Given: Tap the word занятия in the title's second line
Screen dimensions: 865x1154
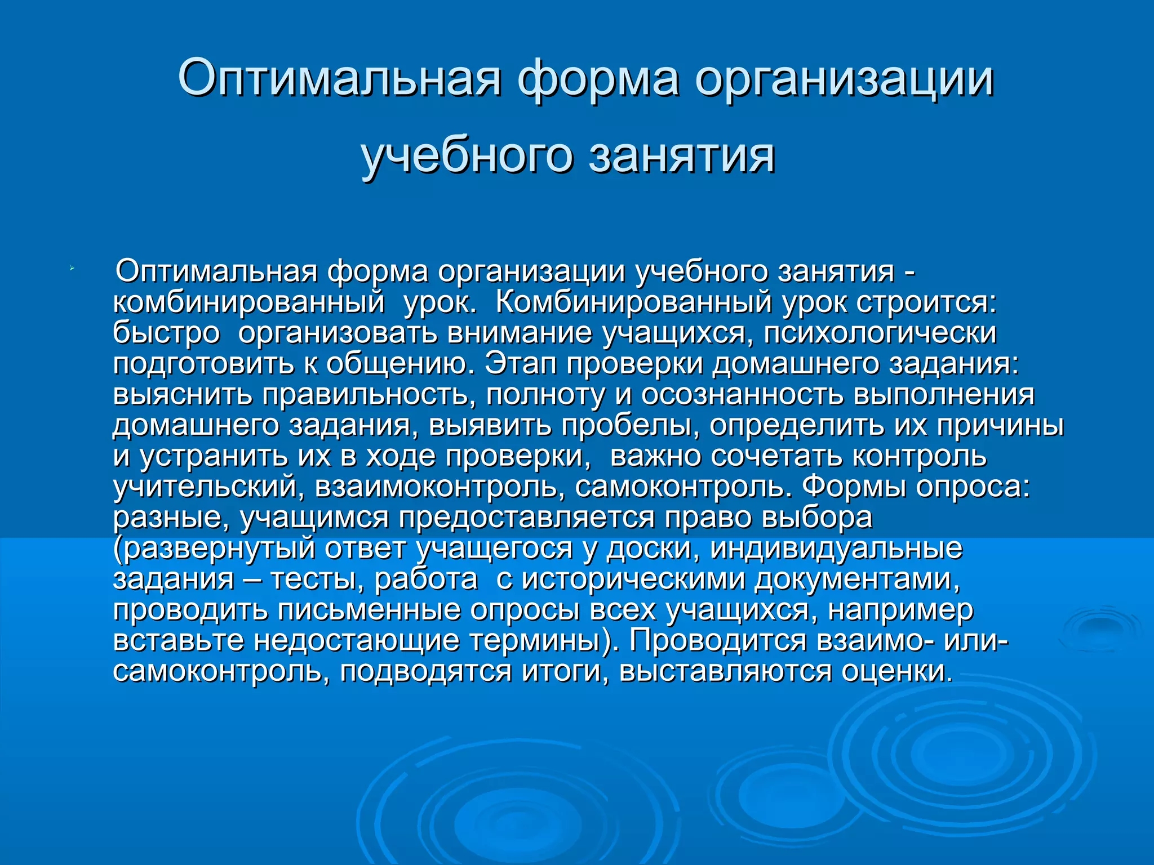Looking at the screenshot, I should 682,155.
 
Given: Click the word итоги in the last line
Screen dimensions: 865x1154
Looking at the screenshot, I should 565,671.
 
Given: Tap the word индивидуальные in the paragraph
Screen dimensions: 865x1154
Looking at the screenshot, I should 836,549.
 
